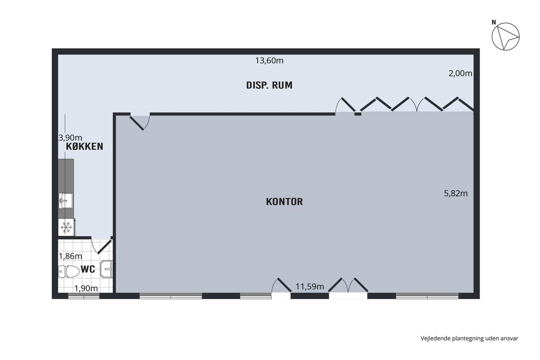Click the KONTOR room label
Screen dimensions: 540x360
pos(284,201)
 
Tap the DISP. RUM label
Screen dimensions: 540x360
pos(269,85)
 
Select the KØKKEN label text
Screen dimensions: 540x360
pos(84,146)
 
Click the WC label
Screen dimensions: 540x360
pos(88,269)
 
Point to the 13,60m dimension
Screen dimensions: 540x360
pos(269,61)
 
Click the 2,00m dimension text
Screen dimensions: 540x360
pos(460,73)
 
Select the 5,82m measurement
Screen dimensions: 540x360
pos(456,193)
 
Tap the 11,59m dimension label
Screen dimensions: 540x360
pos(310,286)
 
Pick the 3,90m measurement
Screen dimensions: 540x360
pos(70,138)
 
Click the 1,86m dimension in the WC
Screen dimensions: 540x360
pos(70,256)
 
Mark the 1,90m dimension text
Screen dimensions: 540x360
pos(86,288)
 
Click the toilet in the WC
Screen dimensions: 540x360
pos(69,272)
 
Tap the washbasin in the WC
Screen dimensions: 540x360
pos(106,269)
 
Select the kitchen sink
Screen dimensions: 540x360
pos(66,200)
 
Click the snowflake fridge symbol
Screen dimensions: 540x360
pos(66,227)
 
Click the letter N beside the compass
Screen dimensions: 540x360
pos(494,22)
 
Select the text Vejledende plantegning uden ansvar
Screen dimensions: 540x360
pos(469,338)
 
